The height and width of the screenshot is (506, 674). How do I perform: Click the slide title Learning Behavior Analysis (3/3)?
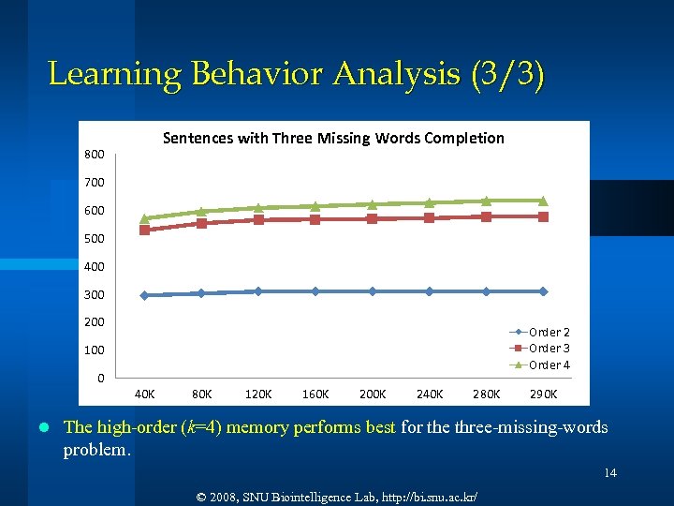pos(295,73)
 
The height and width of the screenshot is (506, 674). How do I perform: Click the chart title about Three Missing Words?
pos(333,139)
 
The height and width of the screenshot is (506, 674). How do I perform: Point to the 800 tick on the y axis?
pos(95,155)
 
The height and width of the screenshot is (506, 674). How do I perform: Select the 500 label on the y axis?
pos(95,239)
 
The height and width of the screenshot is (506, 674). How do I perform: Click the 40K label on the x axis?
pos(145,394)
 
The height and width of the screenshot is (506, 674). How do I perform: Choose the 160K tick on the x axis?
pos(315,394)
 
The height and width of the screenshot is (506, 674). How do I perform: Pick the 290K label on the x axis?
pos(543,394)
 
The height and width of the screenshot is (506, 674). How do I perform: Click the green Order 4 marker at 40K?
pos(145,218)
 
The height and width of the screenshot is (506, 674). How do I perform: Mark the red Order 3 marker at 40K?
pos(145,230)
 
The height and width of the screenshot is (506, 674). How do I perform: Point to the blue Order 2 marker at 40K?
pos(145,295)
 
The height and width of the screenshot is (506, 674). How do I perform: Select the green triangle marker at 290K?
pos(543,201)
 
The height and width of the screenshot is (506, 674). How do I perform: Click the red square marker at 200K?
pos(373,218)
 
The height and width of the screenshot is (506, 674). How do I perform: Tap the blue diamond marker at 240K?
pos(430,291)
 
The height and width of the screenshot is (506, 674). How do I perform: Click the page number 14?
pos(609,473)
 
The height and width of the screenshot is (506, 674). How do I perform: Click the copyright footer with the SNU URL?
pos(336,494)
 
